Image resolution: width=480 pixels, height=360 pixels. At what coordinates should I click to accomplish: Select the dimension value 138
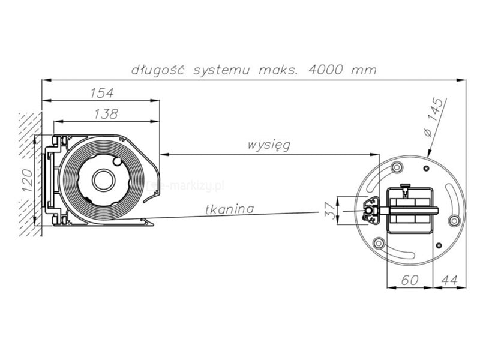pos(106,113)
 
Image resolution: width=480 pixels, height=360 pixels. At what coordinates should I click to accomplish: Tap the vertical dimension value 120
pos(26,181)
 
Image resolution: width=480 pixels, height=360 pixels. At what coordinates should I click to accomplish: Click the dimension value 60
pos(409,279)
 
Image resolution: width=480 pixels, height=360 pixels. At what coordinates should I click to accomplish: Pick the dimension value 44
pos(449,279)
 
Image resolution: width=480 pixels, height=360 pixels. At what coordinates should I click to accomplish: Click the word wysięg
pos(269,145)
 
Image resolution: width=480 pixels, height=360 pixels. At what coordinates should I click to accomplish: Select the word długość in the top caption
pos(158,70)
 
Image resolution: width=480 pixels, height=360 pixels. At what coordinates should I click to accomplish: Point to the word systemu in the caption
pos(223,70)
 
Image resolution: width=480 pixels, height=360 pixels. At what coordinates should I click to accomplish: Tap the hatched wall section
pos(30,174)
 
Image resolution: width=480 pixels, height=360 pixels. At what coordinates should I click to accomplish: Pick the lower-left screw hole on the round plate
pos(379,243)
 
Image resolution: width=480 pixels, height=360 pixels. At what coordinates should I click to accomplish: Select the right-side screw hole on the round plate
pos(454,221)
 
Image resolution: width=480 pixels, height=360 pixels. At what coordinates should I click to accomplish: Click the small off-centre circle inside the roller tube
pos(117,160)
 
